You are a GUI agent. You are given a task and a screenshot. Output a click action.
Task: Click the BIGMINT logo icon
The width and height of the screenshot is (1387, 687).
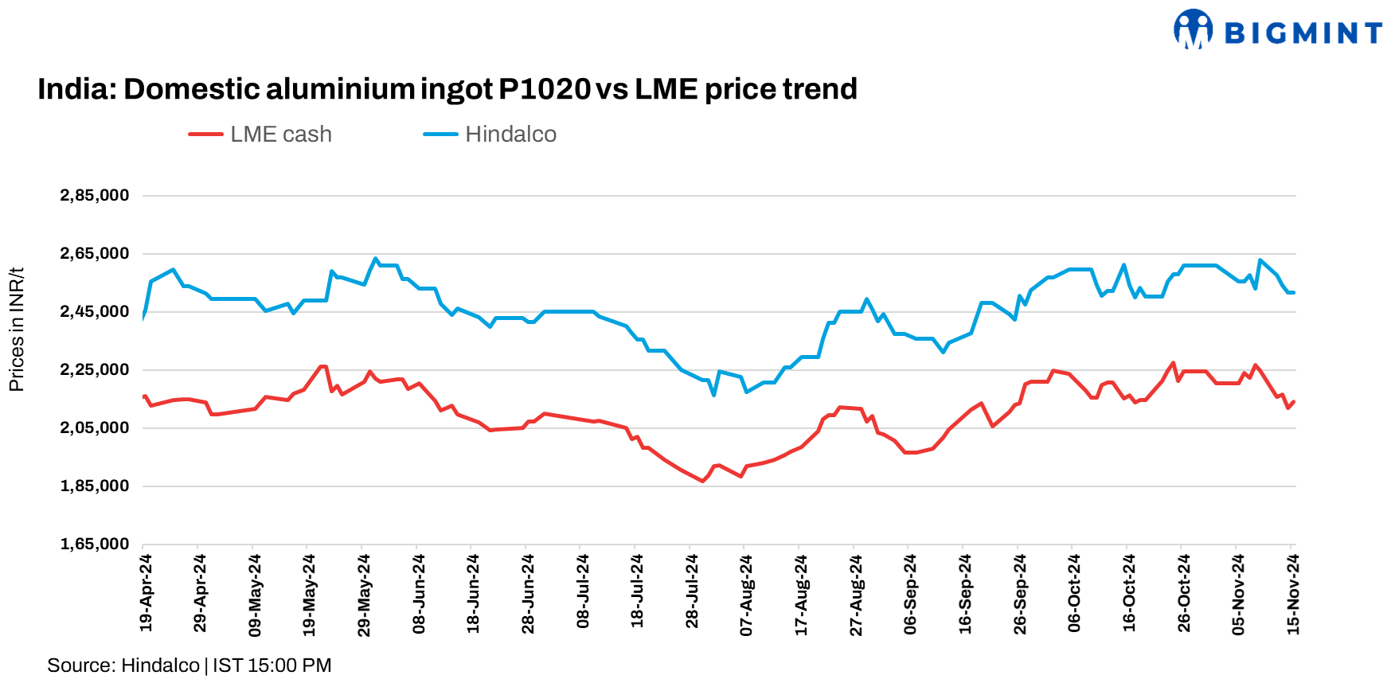1193,29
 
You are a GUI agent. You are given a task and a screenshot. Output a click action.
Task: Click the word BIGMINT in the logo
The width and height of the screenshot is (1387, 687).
1303,33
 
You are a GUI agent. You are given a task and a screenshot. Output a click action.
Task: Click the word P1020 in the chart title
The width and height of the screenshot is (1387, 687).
545,89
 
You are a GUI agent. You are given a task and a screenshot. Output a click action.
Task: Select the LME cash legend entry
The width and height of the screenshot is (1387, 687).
261,135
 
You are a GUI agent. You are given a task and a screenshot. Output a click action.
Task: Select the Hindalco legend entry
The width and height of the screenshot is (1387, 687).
490,135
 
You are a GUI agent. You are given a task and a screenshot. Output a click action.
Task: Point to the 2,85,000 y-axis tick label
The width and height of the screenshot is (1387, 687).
95,196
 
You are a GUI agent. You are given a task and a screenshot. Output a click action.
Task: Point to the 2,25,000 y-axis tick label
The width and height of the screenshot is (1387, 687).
95,370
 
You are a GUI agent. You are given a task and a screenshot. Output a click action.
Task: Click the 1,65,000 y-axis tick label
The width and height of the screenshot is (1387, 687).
95,545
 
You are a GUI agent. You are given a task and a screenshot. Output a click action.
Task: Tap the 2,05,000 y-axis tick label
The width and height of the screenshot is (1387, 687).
95,428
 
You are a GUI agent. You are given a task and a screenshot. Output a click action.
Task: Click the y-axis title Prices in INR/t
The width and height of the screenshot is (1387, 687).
17,330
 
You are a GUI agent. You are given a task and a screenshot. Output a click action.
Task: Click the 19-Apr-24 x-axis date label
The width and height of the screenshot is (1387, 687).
146,593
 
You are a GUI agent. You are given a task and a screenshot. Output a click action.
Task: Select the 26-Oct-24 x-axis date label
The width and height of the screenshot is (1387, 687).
1184,593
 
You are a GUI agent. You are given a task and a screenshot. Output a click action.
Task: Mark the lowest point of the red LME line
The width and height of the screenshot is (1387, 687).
702,481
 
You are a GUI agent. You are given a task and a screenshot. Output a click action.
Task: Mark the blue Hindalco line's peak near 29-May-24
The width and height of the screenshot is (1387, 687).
375,259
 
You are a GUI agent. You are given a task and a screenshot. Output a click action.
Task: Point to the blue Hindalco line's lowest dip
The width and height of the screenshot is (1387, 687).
713,394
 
